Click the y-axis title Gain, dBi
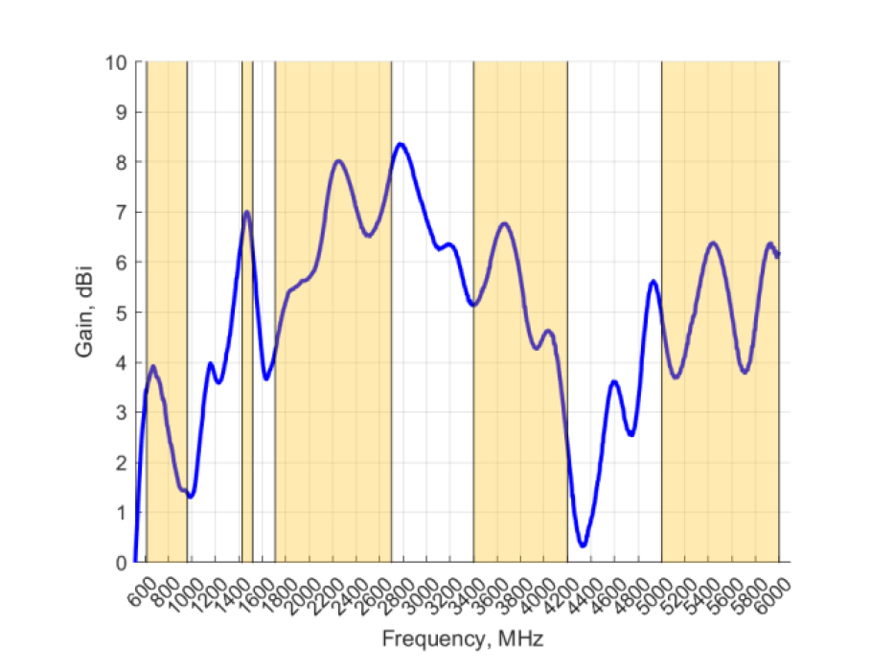[x=84, y=312]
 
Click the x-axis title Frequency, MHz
[x=463, y=638]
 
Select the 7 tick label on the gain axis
[x=122, y=212]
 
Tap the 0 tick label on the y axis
[x=122, y=562]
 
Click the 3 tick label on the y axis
[x=122, y=412]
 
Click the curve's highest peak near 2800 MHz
[x=401, y=145]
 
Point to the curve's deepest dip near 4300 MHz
[x=583, y=545]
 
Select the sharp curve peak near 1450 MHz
[x=247, y=212]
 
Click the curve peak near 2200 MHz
[x=338, y=161]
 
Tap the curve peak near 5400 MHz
[x=713, y=243]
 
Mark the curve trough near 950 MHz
[x=191, y=496]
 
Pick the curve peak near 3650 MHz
[x=505, y=223]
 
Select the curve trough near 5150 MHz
[x=676, y=377]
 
